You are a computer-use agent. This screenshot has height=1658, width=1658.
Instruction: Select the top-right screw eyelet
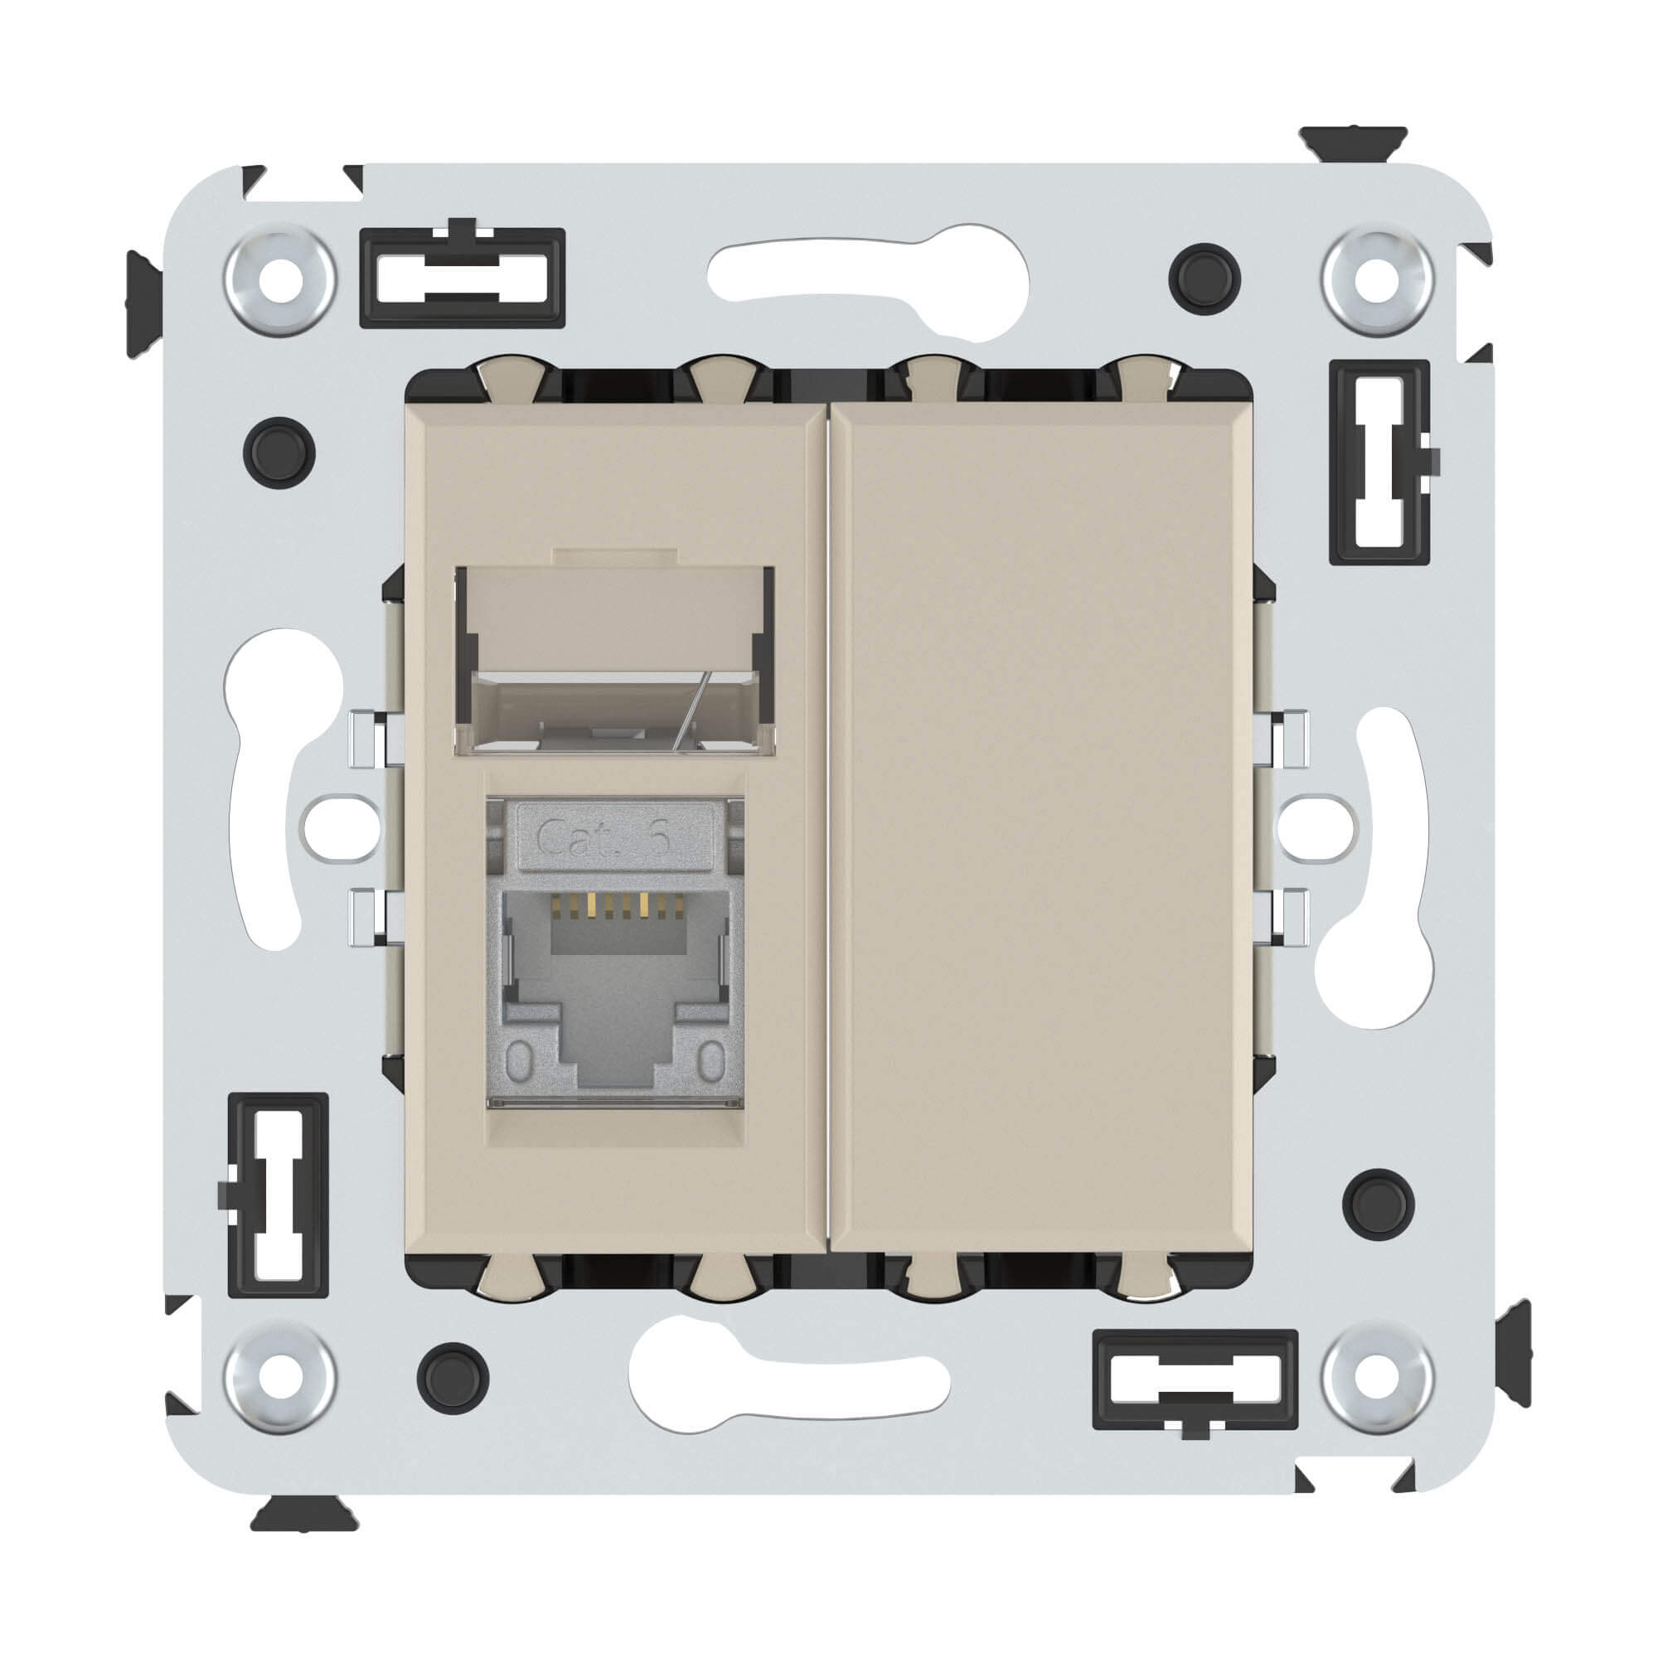[x=1379, y=281]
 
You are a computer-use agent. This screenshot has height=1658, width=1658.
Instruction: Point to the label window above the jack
[x=614, y=661]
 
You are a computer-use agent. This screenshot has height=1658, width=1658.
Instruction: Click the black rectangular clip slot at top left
[x=463, y=277]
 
